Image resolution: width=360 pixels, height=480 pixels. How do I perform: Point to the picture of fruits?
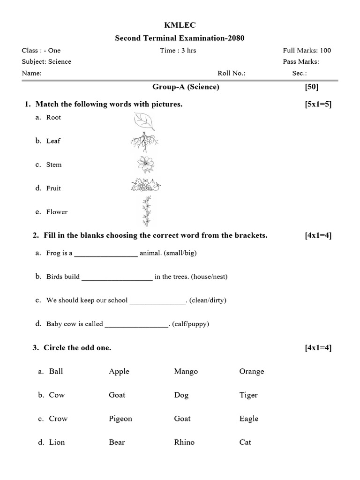click(x=145, y=186)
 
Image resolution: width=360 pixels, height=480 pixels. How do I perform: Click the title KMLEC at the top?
click(x=180, y=25)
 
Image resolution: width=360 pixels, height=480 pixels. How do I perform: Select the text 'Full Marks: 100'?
click(x=307, y=51)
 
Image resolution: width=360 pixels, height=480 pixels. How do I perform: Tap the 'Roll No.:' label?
click(x=231, y=73)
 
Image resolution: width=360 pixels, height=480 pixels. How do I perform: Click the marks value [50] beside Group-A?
click(x=311, y=87)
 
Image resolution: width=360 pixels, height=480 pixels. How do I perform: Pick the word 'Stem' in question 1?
click(x=54, y=165)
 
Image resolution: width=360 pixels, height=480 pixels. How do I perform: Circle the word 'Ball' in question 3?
click(x=56, y=371)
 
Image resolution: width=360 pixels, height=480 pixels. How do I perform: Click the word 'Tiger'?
click(x=248, y=395)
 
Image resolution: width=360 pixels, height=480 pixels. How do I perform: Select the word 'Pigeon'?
click(x=120, y=419)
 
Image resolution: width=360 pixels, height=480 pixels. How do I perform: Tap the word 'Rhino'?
click(x=184, y=442)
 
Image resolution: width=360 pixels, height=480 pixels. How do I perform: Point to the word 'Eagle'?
click(x=249, y=419)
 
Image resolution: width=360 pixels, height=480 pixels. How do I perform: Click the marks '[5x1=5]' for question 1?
click(x=318, y=104)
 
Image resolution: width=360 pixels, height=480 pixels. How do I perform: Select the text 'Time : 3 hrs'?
click(x=178, y=51)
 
